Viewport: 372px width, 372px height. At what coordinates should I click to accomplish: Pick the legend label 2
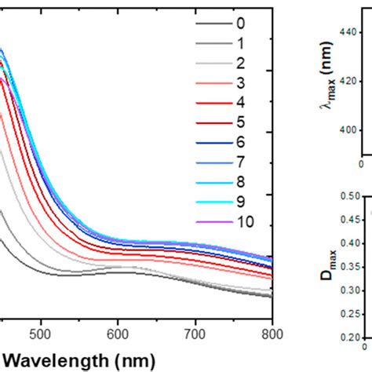[x=239, y=63]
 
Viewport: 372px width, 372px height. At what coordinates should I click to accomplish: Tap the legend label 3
[x=239, y=82]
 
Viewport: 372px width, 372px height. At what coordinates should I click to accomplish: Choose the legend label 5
[x=239, y=122]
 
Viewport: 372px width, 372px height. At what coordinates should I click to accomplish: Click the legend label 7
[x=239, y=162]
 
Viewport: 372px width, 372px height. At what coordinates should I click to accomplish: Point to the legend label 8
[x=239, y=182]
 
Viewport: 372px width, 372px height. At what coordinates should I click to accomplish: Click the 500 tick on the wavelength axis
[x=42, y=331]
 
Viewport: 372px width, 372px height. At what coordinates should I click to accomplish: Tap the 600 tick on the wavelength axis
[x=119, y=331]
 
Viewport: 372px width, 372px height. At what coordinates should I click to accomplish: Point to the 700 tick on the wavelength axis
[x=195, y=331]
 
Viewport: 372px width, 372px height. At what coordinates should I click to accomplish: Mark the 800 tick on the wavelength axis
[x=272, y=331]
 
